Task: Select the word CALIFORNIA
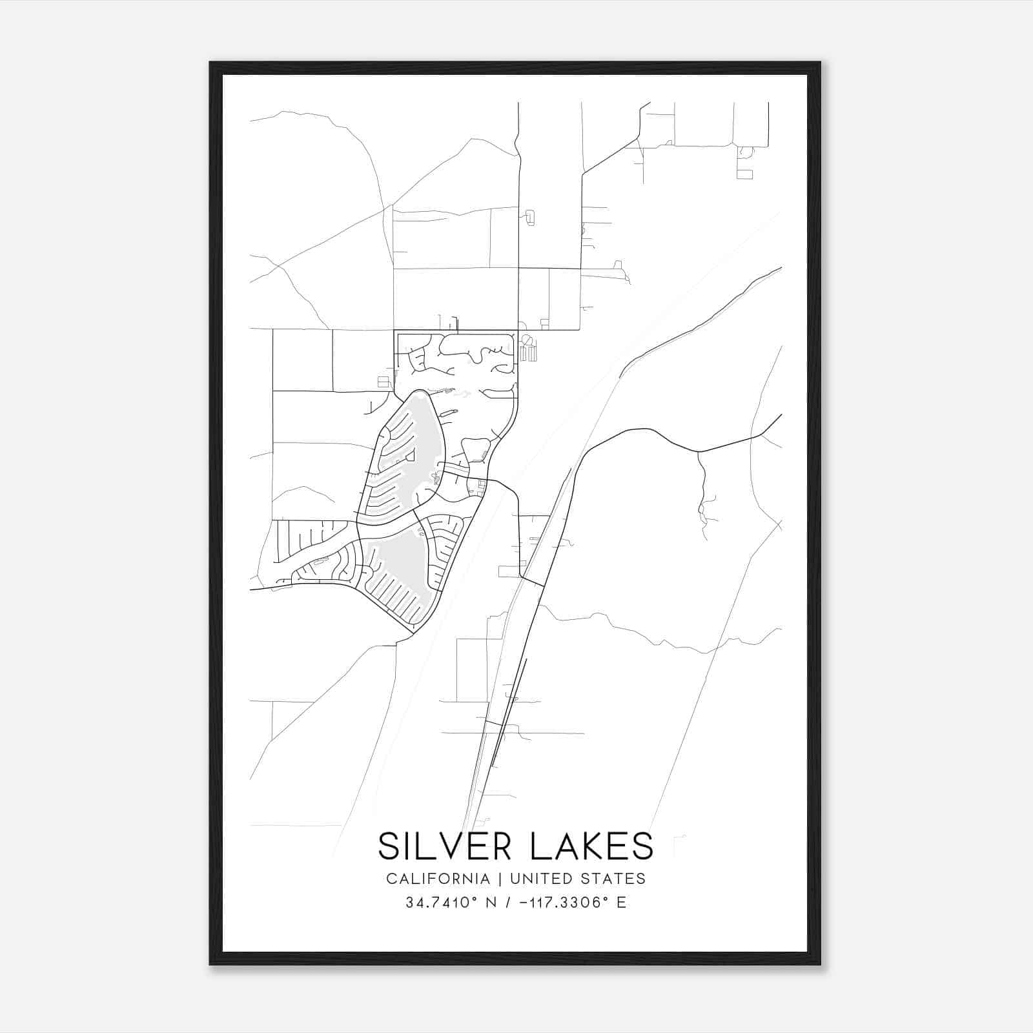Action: pos(437,879)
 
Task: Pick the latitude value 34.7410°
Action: pos(442,903)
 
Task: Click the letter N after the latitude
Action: pos(491,903)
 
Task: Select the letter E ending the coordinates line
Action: pos(621,903)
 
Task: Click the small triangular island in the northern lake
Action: pos(409,456)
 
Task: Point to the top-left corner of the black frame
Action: pos(211,63)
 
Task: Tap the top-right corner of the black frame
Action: pos(819,63)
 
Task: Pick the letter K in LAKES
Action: pos(591,846)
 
